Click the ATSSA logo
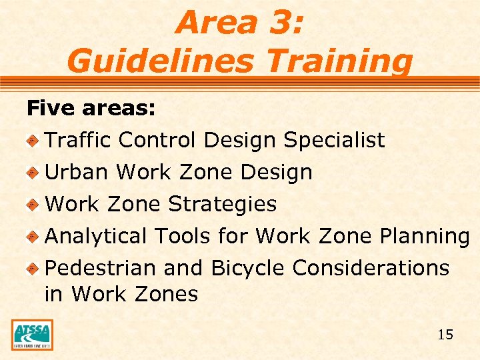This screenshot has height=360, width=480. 32,335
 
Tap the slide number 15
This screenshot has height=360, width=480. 445,335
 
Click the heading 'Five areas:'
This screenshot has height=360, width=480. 91,108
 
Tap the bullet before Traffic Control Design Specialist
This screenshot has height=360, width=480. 31,141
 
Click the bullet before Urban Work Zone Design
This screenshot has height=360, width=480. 31,173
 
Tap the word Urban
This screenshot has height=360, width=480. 76,172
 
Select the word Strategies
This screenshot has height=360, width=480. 222,204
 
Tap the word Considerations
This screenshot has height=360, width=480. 371,268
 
